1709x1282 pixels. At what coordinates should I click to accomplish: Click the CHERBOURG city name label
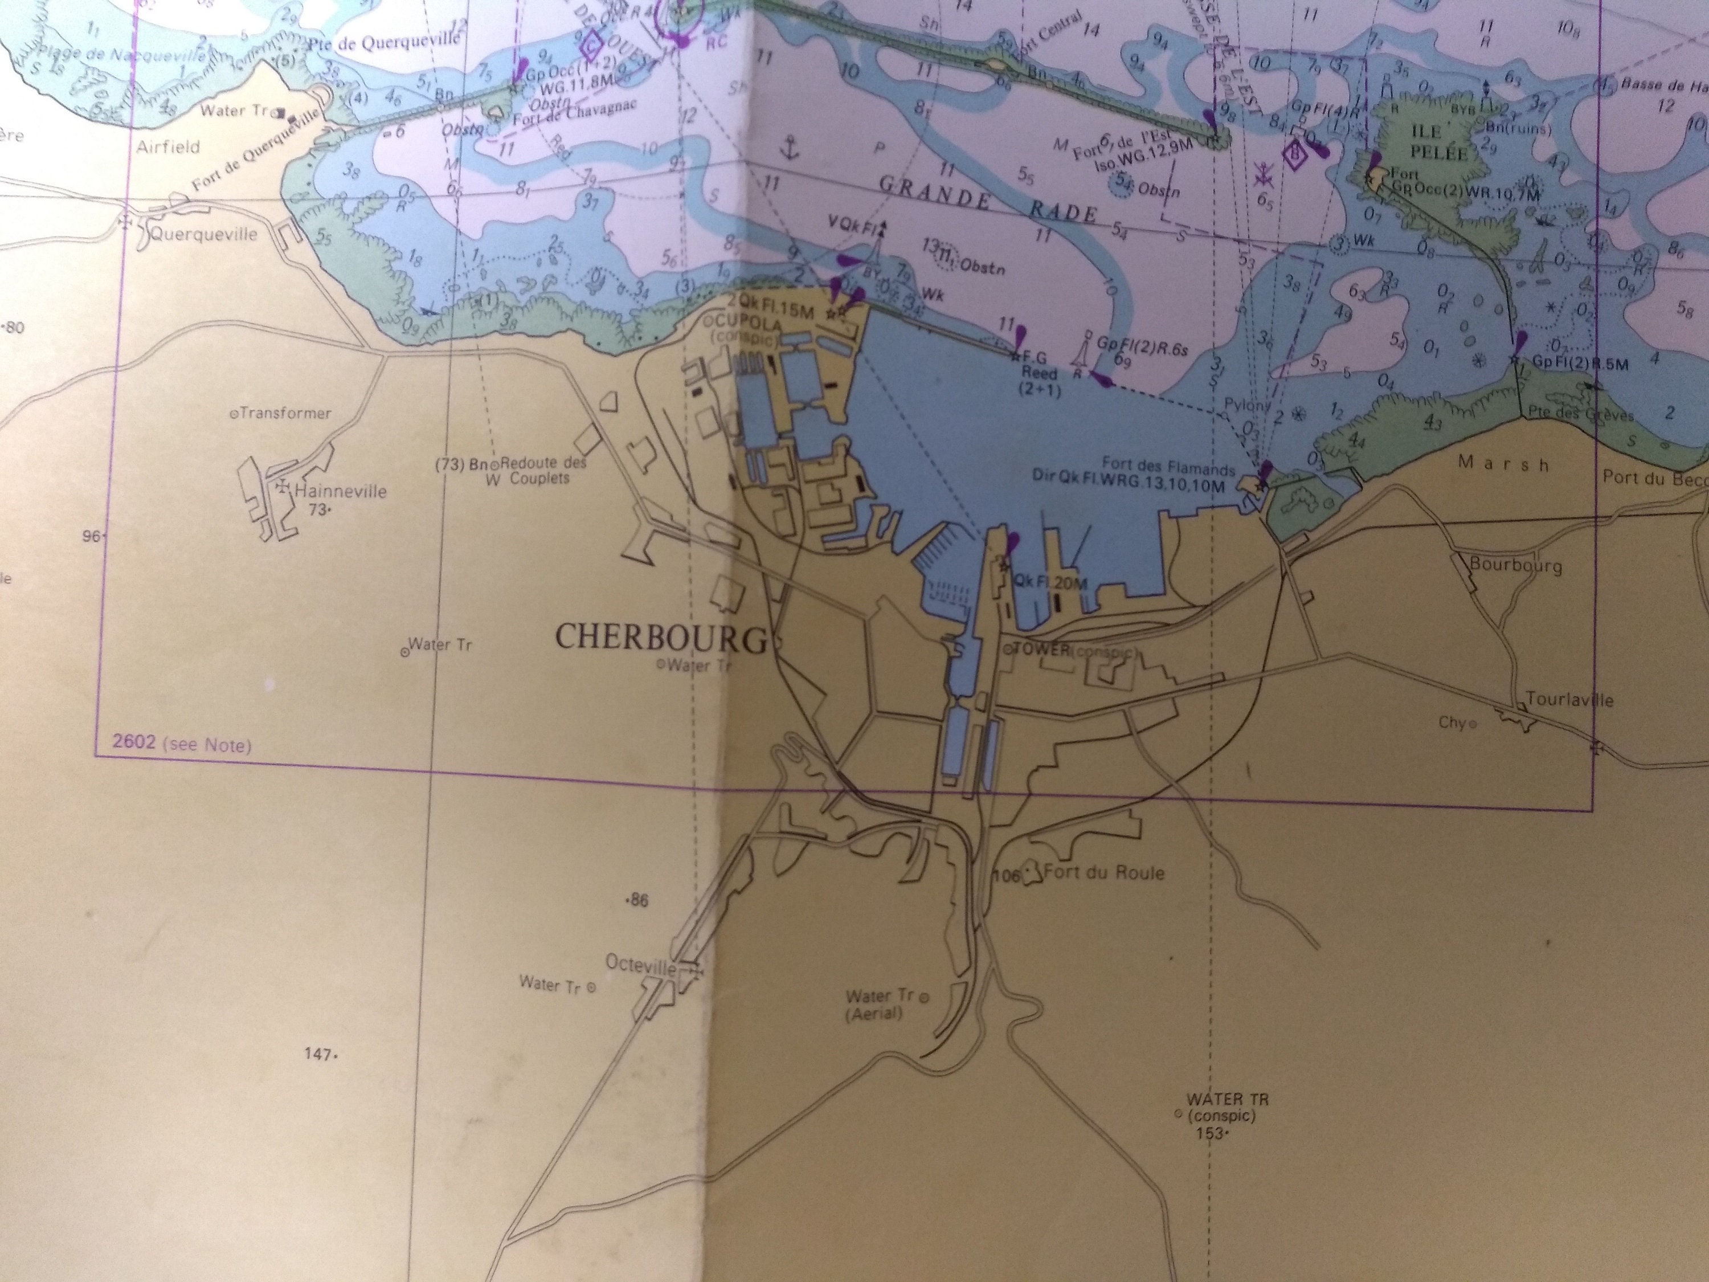[661, 638]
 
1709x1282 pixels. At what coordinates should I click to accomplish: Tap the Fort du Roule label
[1103, 872]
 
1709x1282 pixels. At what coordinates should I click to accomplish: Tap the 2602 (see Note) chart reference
[182, 744]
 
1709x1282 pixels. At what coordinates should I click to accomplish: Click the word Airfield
[167, 147]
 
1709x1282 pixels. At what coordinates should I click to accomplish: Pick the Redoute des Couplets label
[542, 470]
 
